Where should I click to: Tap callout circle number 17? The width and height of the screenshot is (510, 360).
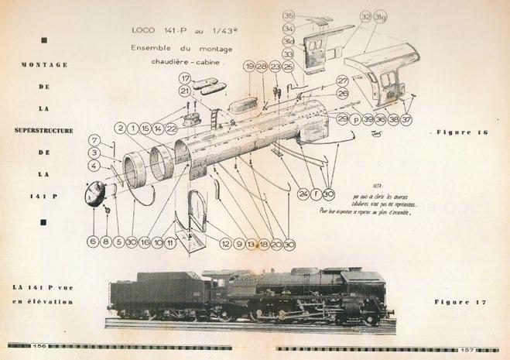click(185, 77)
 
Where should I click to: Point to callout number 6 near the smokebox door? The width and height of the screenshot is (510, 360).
click(93, 242)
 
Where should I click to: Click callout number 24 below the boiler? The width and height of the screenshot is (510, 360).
click(302, 193)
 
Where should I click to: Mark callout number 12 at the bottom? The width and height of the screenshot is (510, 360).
click(227, 242)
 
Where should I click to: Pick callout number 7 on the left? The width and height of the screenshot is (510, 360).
click(92, 140)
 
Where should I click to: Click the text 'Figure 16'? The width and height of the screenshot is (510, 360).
click(461, 133)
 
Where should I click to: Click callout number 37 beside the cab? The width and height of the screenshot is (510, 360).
click(406, 120)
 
